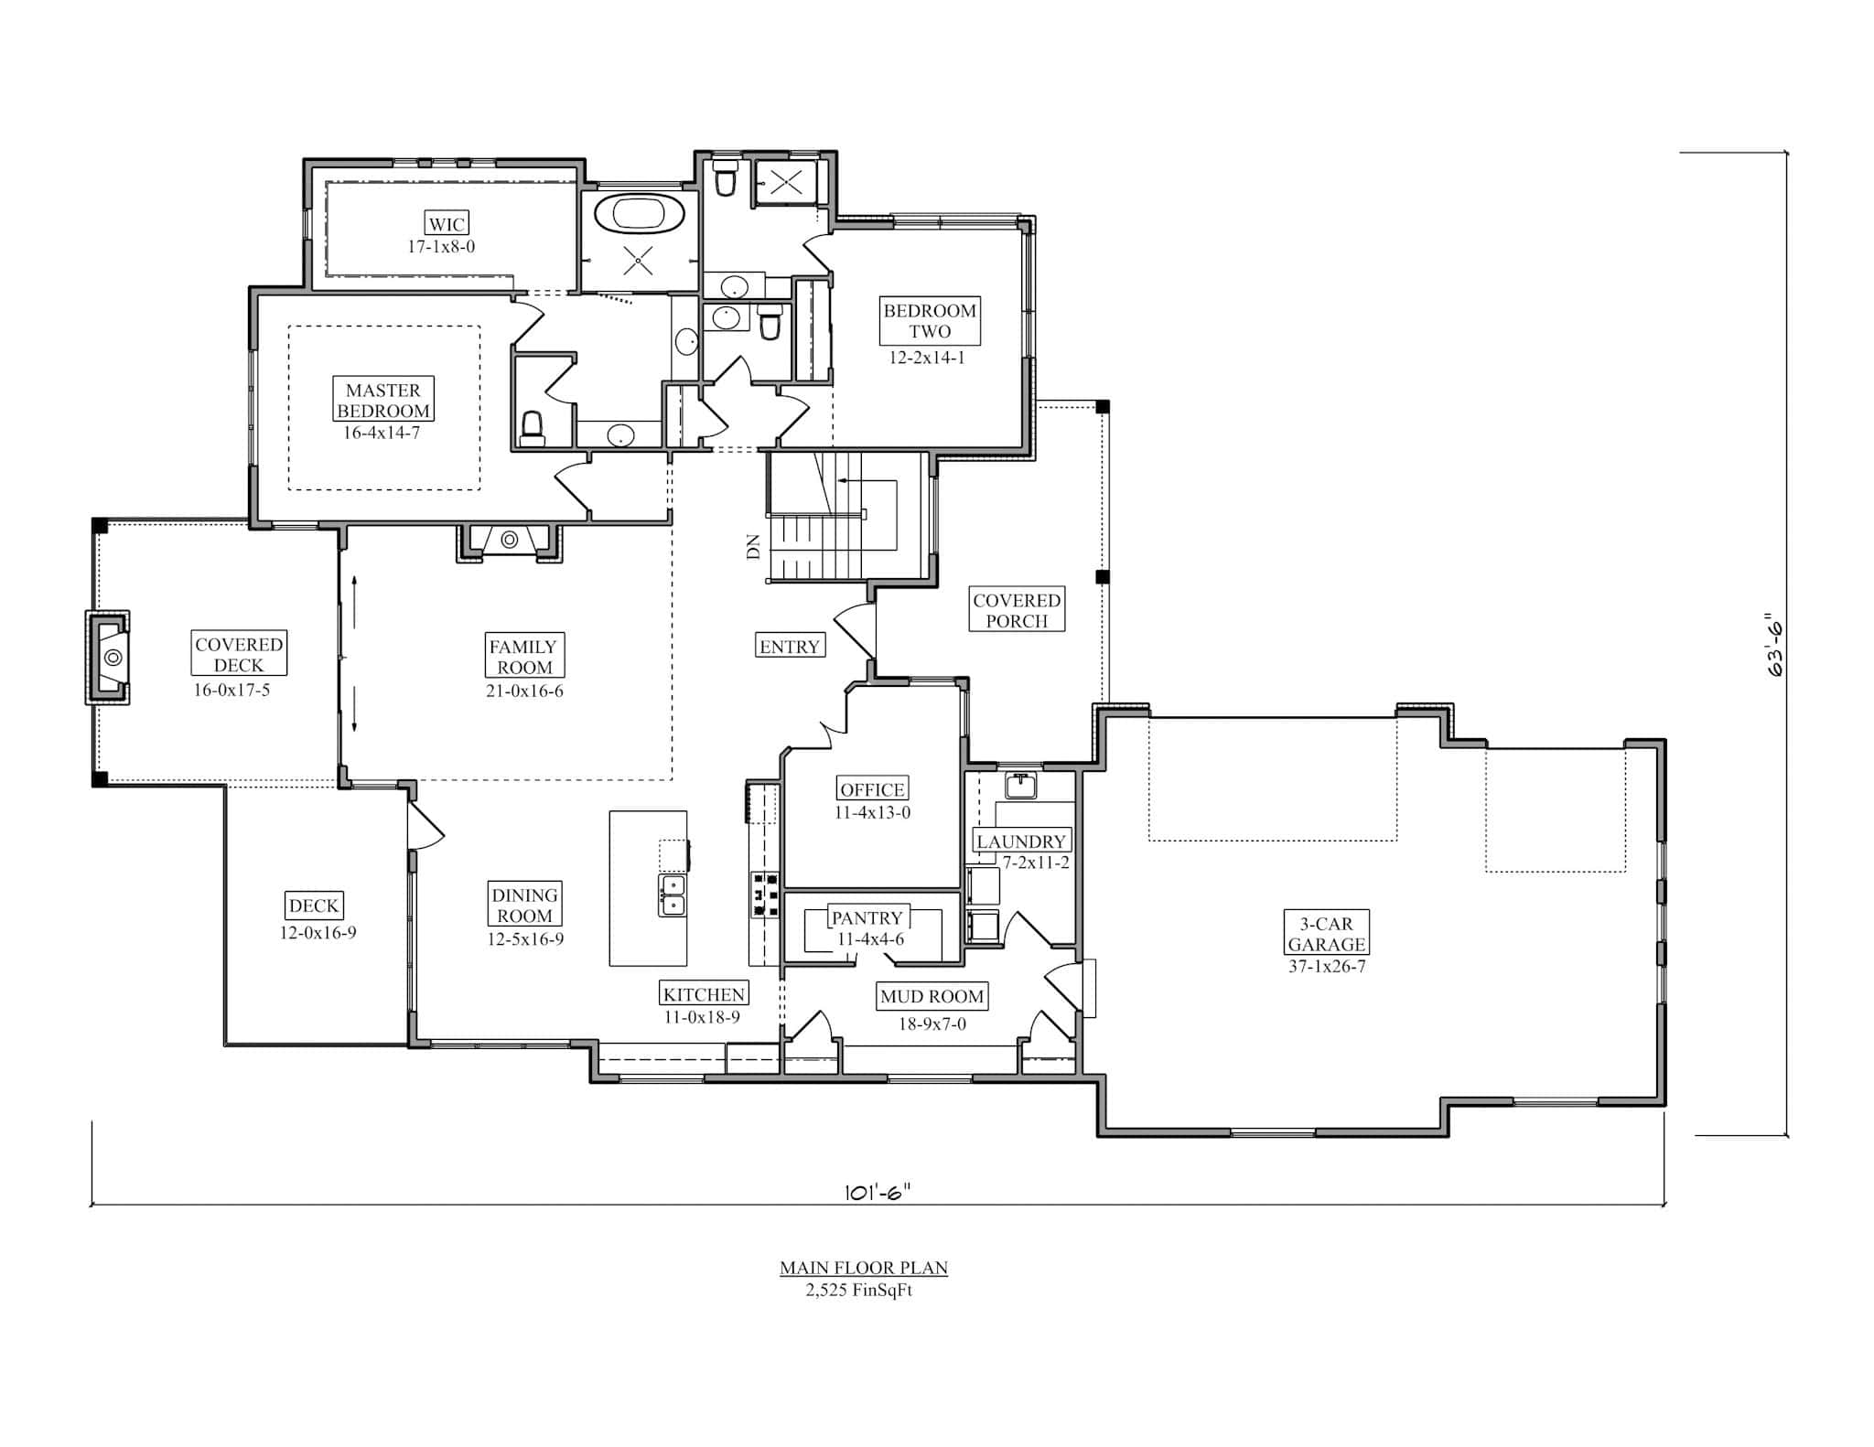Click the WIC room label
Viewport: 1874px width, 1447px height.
(447, 223)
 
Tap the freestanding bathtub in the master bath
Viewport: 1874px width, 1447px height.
(639, 214)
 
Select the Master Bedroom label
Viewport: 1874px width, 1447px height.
(382, 401)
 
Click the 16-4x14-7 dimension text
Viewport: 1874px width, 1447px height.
(382, 433)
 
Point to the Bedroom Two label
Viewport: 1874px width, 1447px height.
(930, 321)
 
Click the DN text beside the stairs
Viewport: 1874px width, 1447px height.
(754, 547)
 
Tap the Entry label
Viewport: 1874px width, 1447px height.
(790, 647)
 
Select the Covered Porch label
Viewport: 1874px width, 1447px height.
(1017, 610)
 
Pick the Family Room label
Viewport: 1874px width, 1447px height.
(524, 656)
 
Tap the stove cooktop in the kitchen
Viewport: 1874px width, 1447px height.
(765, 894)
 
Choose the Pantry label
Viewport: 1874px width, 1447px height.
(867, 917)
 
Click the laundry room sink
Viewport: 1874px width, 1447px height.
(1020, 785)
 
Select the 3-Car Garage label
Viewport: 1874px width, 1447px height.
(1327, 934)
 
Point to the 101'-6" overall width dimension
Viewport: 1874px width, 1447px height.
(878, 1192)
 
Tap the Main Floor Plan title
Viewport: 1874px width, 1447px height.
(864, 1268)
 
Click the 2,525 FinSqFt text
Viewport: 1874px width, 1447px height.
(858, 1291)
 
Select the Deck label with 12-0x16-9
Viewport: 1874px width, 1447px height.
(314, 906)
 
